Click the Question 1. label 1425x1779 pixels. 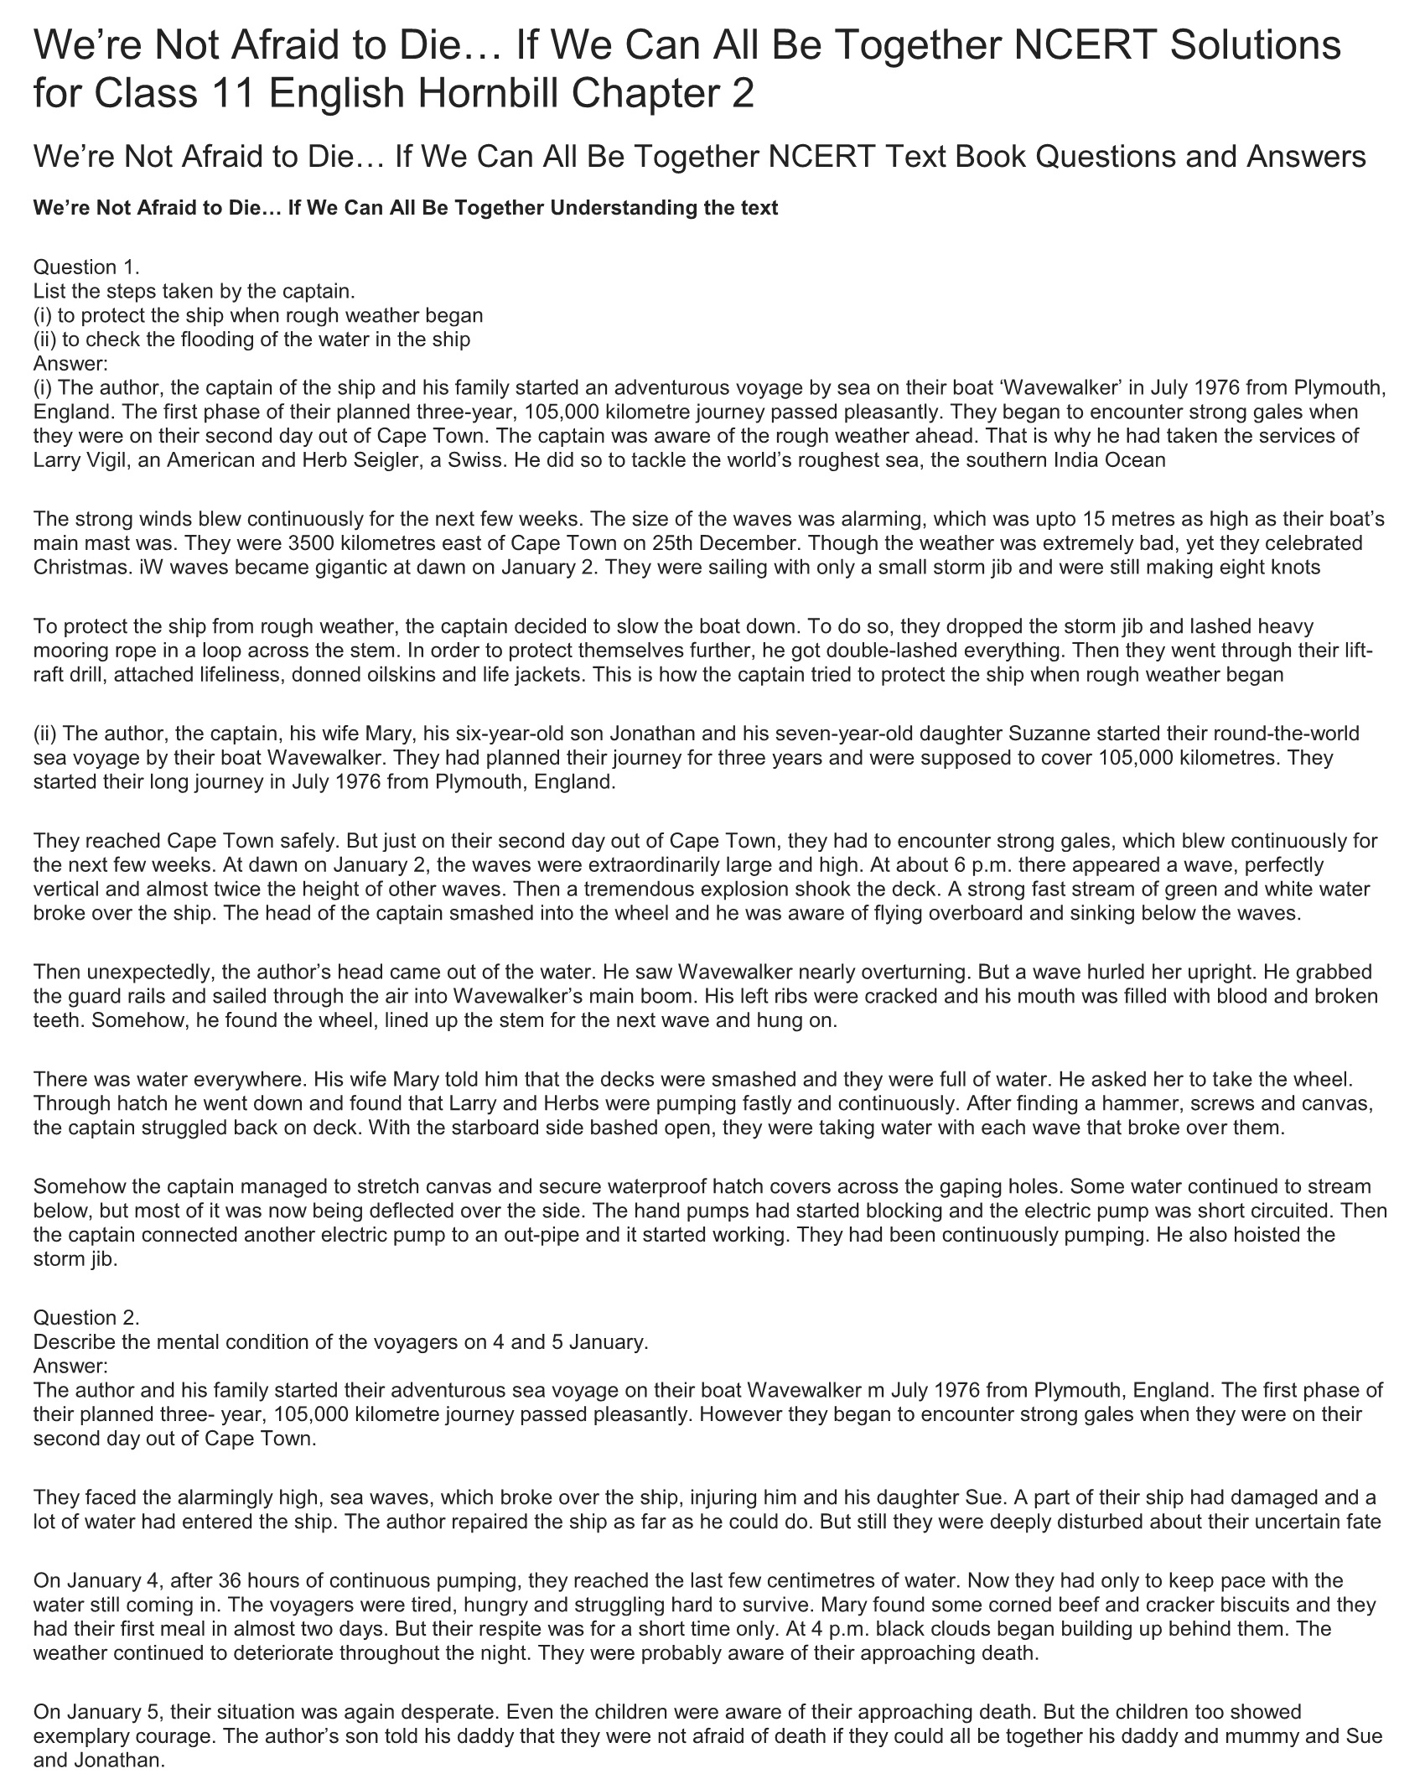(x=86, y=267)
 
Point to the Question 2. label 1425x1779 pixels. (x=86, y=1317)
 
